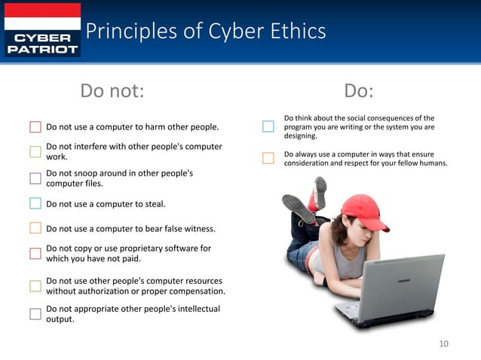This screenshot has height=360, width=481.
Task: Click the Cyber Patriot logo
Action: pyautogui.click(x=42, y=29)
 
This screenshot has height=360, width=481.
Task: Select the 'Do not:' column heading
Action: pyautogui.click(x=112, y=91)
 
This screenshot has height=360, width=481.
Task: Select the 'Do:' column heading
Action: pyautogui.click(x=359, y=91)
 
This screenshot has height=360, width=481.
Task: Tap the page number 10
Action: pyautogui.click(x=443, y=344)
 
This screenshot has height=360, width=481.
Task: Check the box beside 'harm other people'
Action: pyautogui.click(x=35, y=127)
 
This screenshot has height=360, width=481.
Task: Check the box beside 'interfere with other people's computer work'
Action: pyautogui.click(x=35, y=152)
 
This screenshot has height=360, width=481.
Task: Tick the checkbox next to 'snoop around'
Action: pyautogui.click(x=35, y=178)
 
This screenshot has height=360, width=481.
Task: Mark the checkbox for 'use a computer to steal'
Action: pyautogui.click(x=35, y=203)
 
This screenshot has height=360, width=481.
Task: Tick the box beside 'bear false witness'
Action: pyautogui.click(x=35, y=228)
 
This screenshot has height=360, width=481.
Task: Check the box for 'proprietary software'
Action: pyautogui.click(x=35, y=254)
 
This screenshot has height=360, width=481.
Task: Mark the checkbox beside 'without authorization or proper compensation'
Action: pyautogui.click(x=35, y=285)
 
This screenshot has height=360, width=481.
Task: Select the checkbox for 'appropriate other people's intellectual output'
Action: pyautogui.click(x=35, y=314)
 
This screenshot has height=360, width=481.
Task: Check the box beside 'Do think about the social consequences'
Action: pyautogui.click(x=268, y=127)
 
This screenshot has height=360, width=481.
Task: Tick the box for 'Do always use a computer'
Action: pyautogui.click(x=268, y=158)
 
